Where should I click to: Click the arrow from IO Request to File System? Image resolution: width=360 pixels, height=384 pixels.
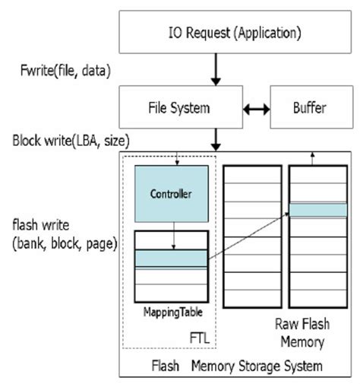tap(216, 70)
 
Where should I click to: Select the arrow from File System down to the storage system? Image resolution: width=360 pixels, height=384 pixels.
tap(216, 138)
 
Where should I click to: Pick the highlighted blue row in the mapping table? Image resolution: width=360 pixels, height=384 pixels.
tap(170, 259)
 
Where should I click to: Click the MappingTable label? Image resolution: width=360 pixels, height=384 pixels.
tap(171, 312)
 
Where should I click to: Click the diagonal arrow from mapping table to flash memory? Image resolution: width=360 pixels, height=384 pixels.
tap(248, 236)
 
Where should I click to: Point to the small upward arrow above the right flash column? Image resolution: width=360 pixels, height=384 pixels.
tap(313, 157)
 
